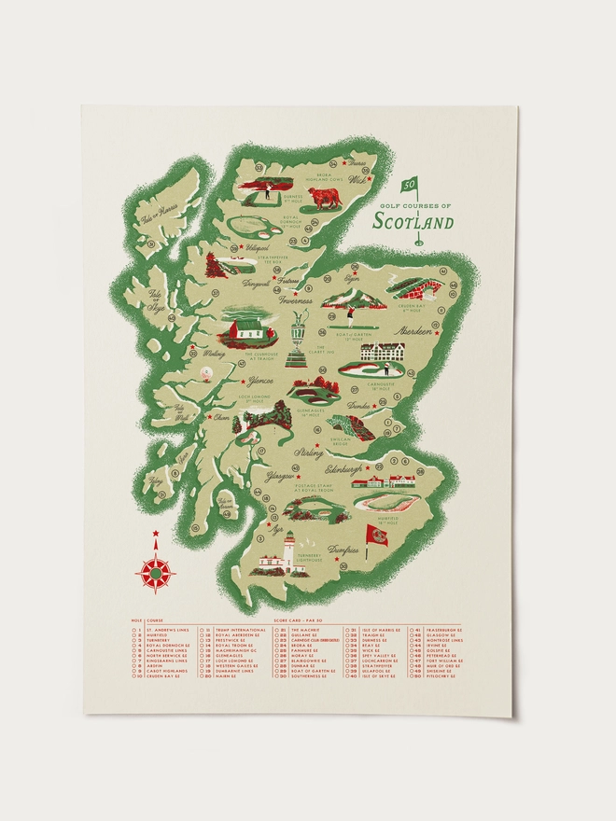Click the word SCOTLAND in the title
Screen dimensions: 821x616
[413, 222]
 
